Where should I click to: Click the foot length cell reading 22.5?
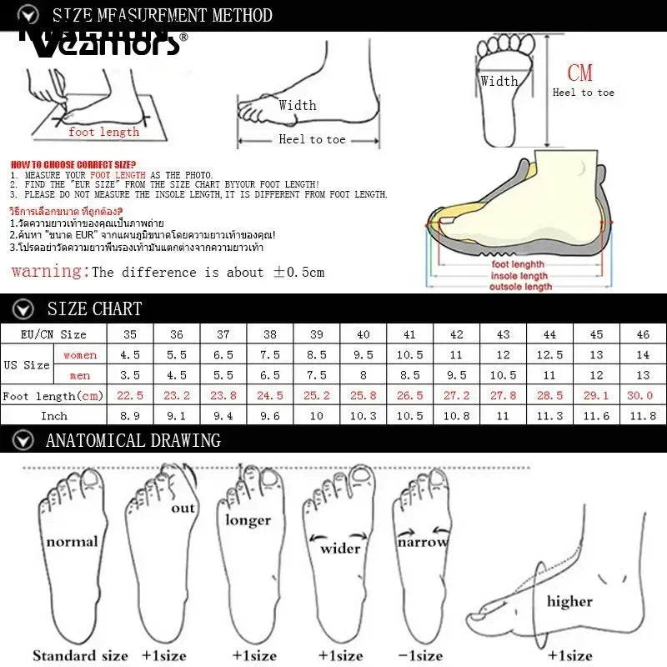click(x=129, y=396)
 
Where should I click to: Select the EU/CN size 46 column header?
click(x=643, y=334)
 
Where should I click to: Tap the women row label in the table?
click(x=80, y=355)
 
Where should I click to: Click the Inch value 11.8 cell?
click(x=643, y=414)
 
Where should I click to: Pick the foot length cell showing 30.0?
click(x=643, y=396)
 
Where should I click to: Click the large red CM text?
click(x=579, y=73)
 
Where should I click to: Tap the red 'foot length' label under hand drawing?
click(x=103, y=132)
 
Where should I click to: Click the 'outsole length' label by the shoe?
click(x=520, y=286)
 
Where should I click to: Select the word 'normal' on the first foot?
click(x=72, y=542)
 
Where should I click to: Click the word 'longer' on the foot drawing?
click(x=248, y=520)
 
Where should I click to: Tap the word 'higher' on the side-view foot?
click(x=569, y=600)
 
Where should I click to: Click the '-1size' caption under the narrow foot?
click(x=420, y=655)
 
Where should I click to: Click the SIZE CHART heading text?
click(x=94, y=308)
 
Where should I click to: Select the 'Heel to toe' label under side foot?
click(x=312, y=139)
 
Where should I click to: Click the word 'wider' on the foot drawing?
click(x=340, y=548)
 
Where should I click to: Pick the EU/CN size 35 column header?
click(x=129, y=334)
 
